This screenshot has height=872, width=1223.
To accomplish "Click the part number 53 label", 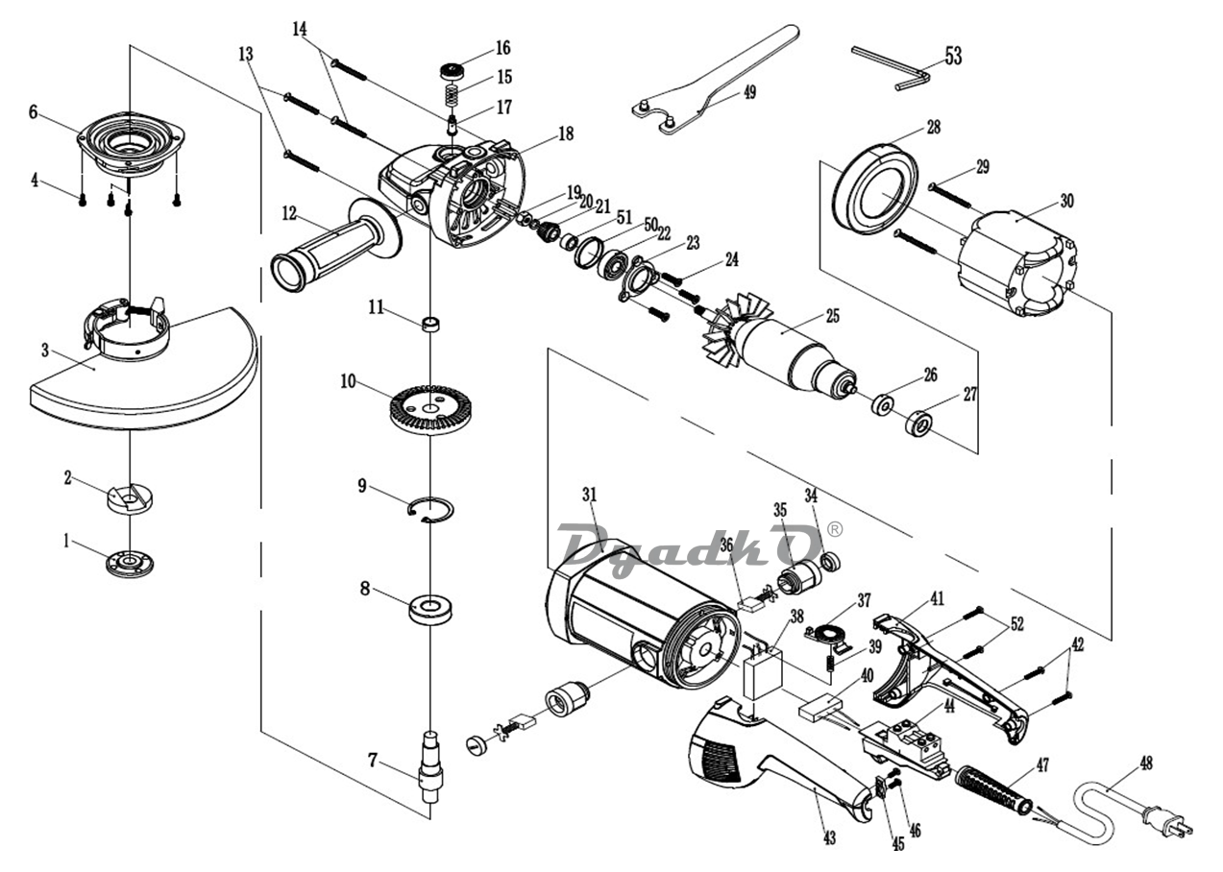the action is (953, 56).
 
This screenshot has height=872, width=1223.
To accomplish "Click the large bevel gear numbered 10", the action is (431, 409).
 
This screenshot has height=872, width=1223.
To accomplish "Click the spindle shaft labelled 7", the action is (430, 768).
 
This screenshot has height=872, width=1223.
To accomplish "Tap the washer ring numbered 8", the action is (430, 609).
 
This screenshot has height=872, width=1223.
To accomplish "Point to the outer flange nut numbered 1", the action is (130, 564).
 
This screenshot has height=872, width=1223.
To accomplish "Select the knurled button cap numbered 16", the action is (453, 72).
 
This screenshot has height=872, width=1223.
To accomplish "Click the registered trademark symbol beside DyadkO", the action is (836, 529).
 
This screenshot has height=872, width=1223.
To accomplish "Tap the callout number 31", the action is (590, 495).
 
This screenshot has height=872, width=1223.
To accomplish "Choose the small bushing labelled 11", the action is (430, 325).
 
